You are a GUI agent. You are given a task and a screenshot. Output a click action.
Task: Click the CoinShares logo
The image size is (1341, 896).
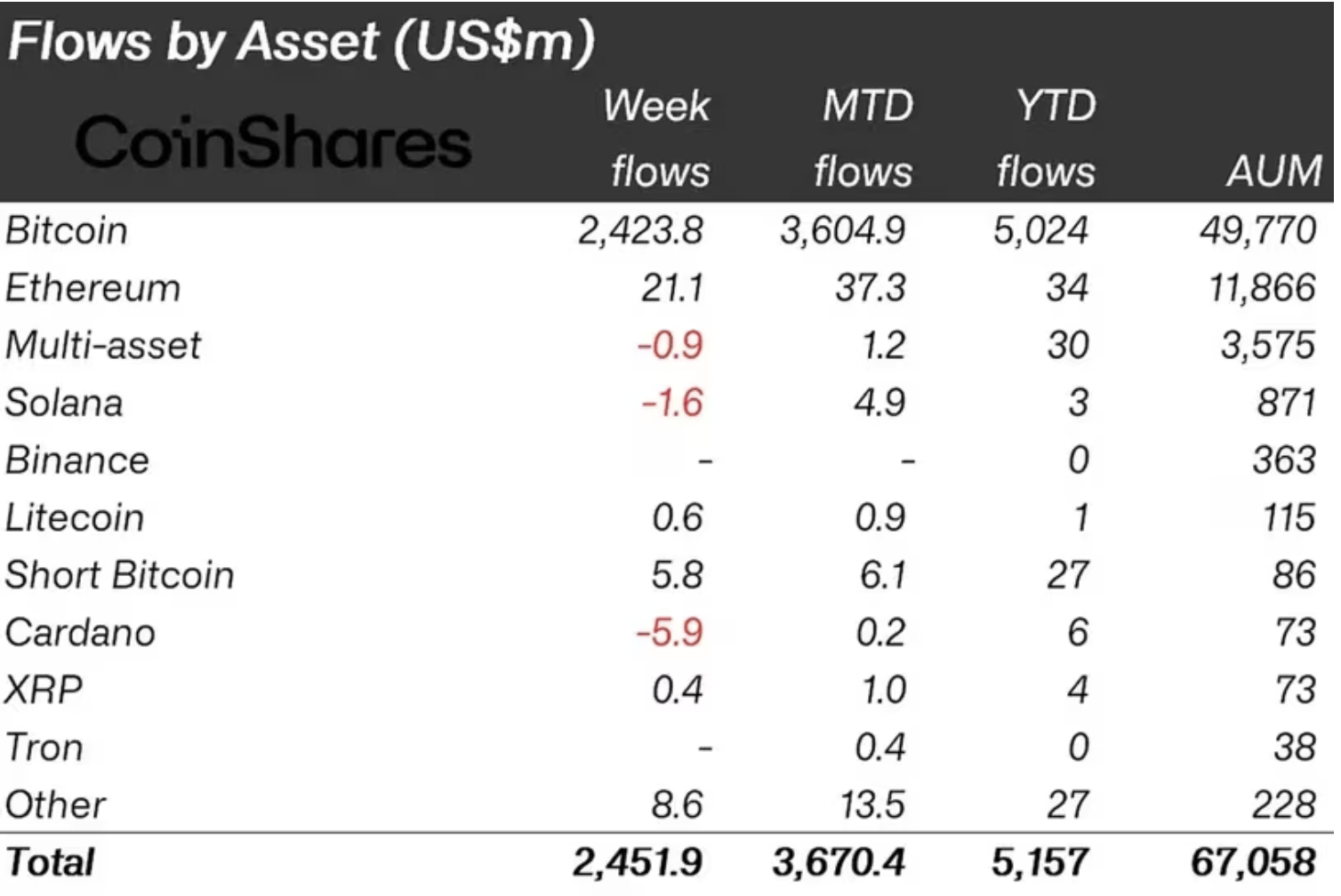273,142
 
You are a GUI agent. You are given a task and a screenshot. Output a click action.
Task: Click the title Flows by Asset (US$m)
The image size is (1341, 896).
301,42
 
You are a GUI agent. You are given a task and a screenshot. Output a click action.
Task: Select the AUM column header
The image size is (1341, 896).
1274,171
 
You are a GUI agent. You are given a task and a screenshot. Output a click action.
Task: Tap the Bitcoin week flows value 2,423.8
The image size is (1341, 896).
640,231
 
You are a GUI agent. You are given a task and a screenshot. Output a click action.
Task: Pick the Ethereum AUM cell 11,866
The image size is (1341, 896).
1261,288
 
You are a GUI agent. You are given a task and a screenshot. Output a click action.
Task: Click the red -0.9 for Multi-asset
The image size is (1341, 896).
670,346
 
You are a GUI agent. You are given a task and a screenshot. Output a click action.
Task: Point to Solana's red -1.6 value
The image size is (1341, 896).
672,403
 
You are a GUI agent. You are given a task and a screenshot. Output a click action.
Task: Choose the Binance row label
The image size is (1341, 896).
77,460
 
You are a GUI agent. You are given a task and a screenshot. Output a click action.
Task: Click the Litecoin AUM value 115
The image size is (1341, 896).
1289,517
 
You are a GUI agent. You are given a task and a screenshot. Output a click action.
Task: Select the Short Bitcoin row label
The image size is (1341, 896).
120,575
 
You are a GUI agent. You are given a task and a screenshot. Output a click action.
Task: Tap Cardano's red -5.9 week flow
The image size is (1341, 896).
670,632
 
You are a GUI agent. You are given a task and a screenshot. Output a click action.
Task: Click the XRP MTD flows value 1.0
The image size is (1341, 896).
883,690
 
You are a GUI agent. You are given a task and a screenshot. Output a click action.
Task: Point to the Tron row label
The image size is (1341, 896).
44,748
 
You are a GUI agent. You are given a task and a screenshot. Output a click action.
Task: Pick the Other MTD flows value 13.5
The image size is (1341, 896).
872,804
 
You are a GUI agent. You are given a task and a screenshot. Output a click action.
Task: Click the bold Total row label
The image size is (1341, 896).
51,862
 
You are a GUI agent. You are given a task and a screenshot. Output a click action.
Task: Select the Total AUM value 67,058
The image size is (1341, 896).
1253,862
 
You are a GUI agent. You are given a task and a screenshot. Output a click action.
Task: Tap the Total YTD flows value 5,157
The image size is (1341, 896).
1040,862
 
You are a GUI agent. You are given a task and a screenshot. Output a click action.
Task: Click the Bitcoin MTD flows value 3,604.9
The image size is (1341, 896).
843,231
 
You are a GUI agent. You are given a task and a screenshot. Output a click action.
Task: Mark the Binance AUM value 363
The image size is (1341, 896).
1283,460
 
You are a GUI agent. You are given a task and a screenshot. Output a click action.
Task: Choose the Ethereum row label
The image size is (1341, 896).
92,288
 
